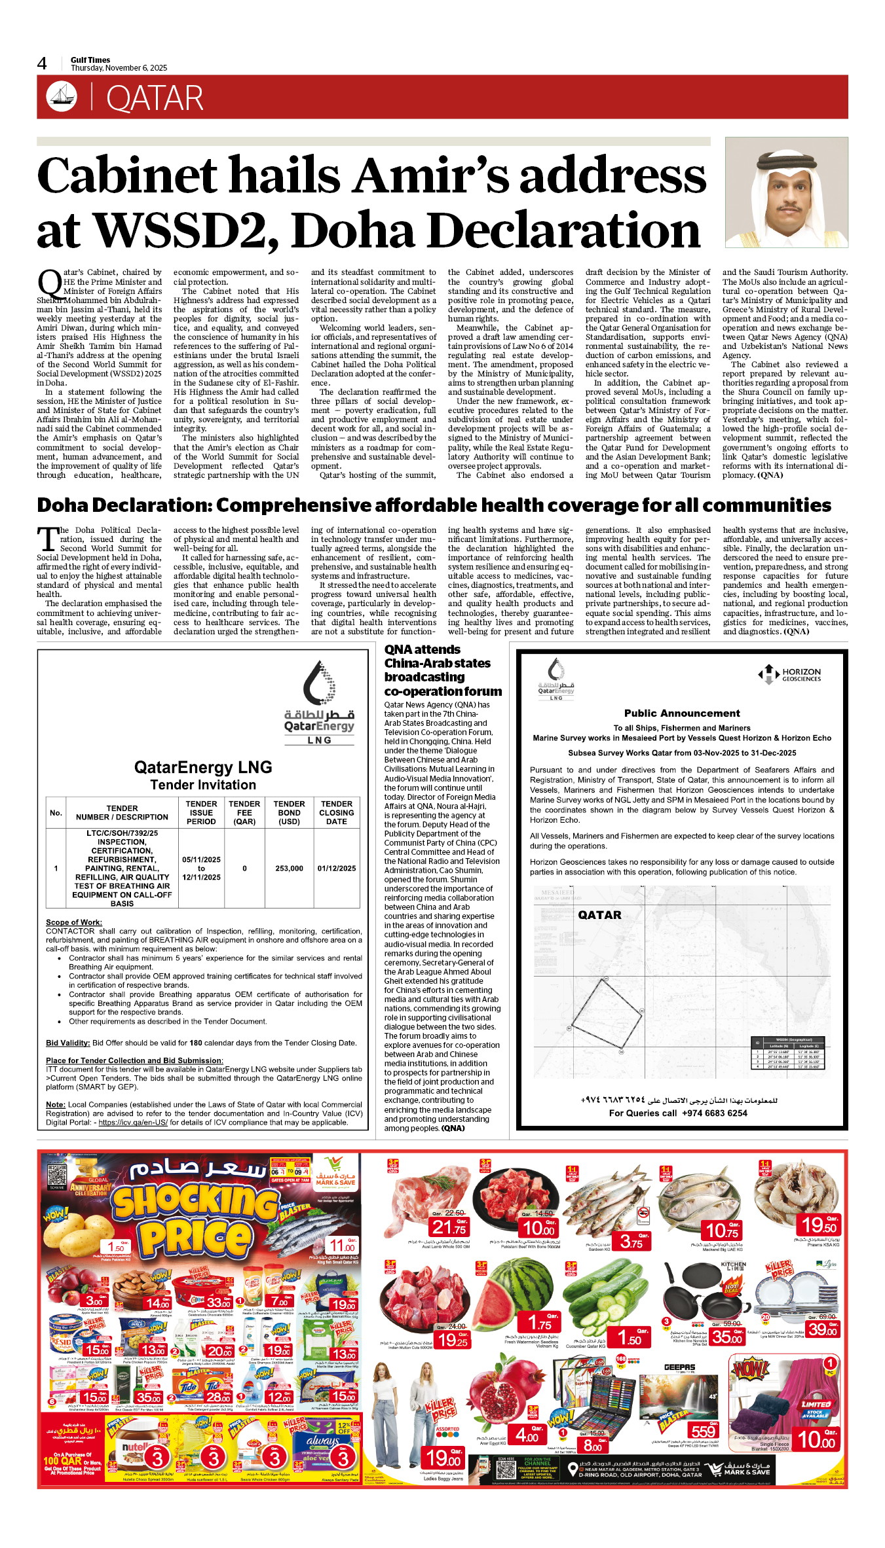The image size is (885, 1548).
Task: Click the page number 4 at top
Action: pyautogui.click(x=42, y=63)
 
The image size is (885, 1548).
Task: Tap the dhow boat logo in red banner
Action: pyautogui.click(x=62, y=97)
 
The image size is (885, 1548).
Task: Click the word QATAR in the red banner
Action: pyautogui.click(x=155, y=99)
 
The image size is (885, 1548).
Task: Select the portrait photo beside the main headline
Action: pyautogui.click(x=786, y=192)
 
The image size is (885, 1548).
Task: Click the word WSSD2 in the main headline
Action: pyautogui.click(x=187, y=231)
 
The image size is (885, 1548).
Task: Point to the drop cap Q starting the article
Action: pyautogui.click(x=49, y=283)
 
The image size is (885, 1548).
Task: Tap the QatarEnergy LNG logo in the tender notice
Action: pyautogui.click(x=320, y=704)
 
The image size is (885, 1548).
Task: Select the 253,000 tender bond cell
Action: pyautogui.click(x=289, y=869)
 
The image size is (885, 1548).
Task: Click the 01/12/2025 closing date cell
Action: pyautogui.click(x=337, y=869)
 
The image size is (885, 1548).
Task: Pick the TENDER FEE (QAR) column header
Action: pyautogui.click(x=244, y=812)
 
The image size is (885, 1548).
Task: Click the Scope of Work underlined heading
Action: pyautogui.click(x=74, y=922)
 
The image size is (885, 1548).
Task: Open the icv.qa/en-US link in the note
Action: pyautogui.click(x=132, y=1122)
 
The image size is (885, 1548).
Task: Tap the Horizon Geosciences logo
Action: pyautogui.click(x=789, y=675)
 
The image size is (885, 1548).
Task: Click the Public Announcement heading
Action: pyautogui.click(x=682, y=713)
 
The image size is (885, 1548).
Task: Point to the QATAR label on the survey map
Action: pyautogui.click(x=599, y=915)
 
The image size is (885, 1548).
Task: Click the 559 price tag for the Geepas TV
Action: pyautogui.click(x=703, y=1431)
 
